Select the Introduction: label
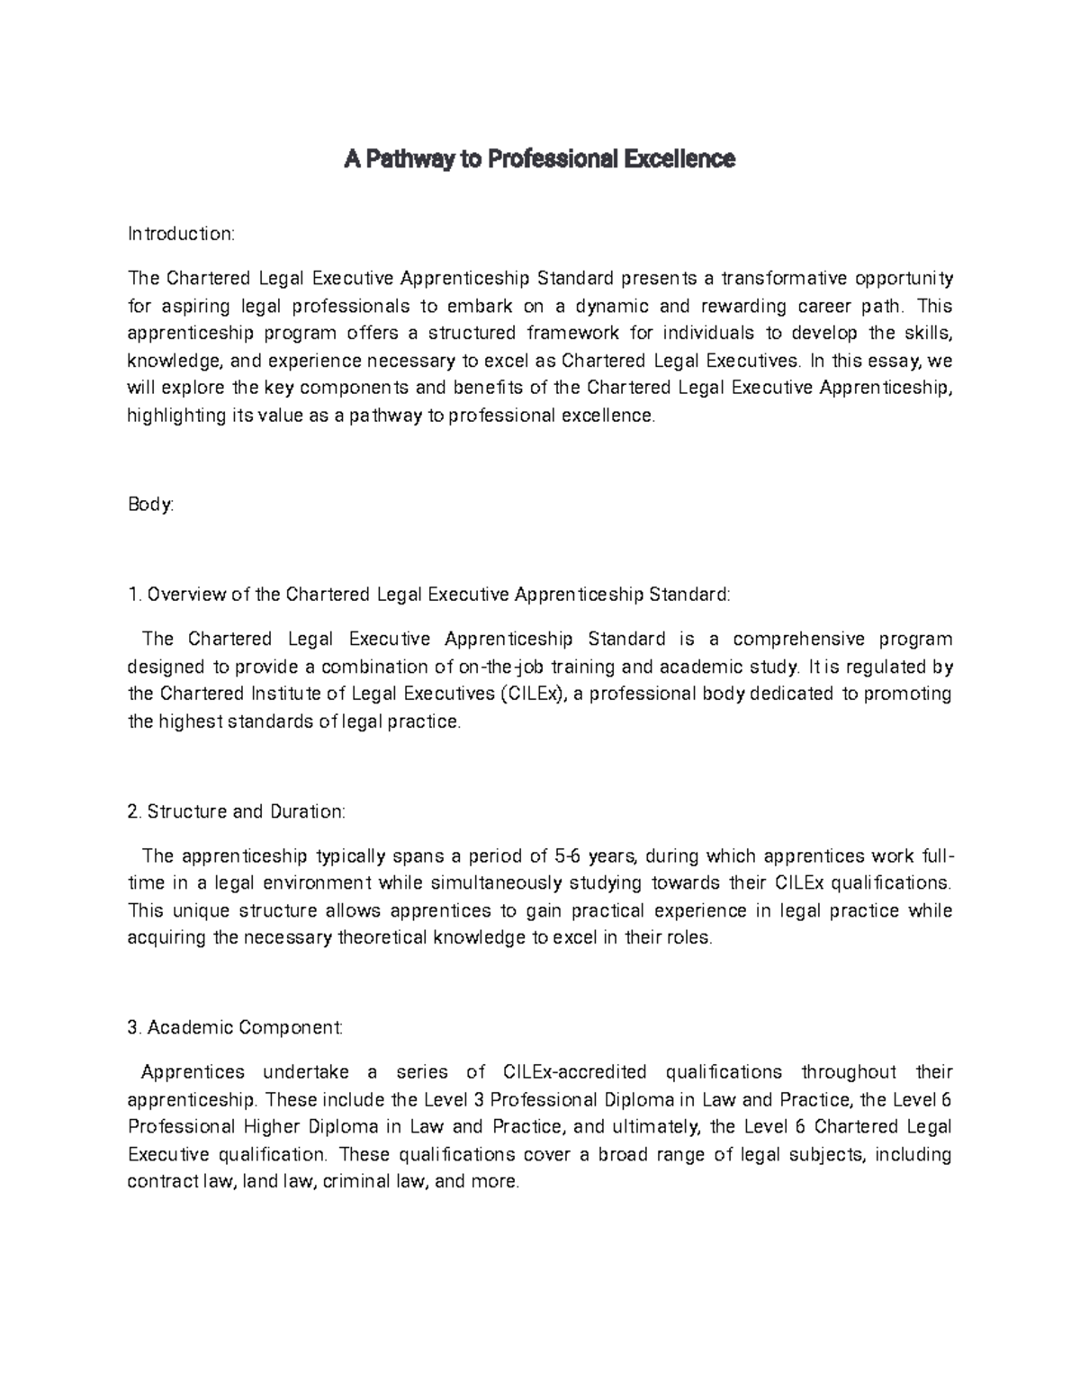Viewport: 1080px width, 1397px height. [x=181, y=234]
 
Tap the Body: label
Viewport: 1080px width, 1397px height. [x=150, y=505]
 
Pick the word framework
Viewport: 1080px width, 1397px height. [x=572, y=334]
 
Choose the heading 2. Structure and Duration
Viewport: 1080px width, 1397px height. [x=237, y=811]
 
